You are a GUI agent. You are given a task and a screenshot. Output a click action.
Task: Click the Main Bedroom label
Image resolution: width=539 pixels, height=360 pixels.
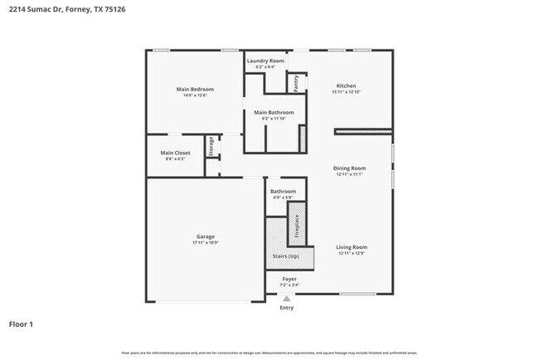pos(195,89)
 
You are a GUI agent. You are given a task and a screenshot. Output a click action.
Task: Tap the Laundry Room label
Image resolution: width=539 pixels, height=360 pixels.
pos(265,61)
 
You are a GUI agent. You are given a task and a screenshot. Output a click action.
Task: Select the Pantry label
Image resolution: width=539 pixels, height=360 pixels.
pos(294,83)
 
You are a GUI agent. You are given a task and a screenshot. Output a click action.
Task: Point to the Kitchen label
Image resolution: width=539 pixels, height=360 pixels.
pos(346,85)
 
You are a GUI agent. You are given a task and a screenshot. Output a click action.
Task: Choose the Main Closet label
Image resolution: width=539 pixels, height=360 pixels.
pos(175,153)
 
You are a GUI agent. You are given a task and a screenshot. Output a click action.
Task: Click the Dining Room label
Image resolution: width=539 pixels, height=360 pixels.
pos(350,168)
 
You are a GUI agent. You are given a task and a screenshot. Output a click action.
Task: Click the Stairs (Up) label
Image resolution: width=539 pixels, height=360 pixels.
pos(286,256)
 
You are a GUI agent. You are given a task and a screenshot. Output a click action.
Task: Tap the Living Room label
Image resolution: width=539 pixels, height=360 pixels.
pos(352,247)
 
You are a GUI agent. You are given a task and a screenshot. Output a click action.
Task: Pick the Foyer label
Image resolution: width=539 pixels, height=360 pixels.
pos(289,279)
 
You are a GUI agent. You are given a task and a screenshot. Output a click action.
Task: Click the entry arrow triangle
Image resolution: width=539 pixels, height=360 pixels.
pos(286,298)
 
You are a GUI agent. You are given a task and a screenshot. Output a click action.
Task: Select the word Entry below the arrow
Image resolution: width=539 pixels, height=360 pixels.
pos(286,308)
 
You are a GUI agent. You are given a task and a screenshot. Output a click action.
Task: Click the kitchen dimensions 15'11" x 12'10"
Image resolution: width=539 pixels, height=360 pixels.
pos(346,92)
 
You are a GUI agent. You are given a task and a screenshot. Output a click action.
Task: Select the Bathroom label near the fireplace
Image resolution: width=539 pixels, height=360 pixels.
pos(283,192)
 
